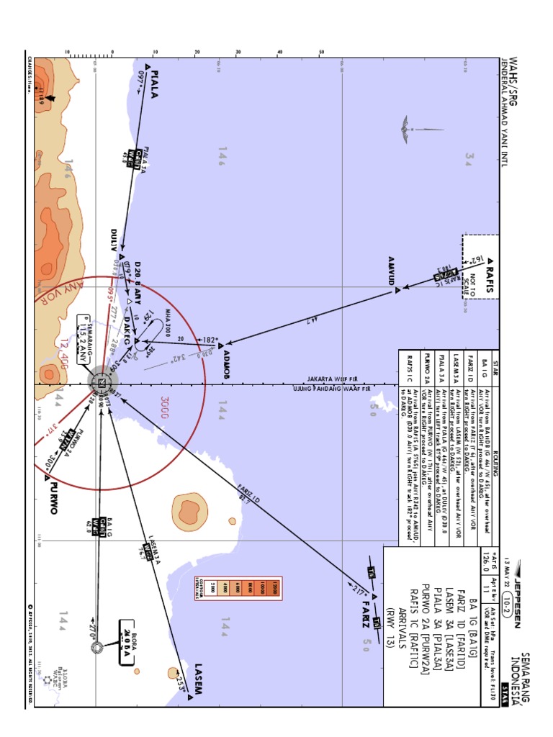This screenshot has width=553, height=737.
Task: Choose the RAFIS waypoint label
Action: click(x=490, y=278)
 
